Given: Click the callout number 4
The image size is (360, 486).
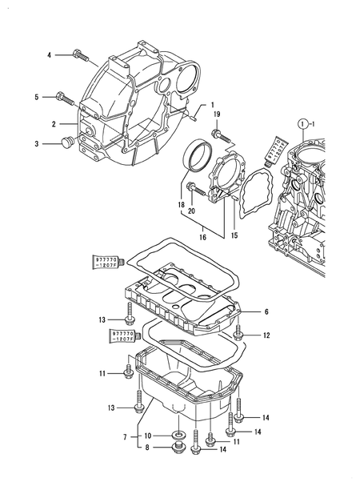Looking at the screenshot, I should [x=48, y=55].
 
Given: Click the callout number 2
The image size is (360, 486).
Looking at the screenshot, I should [x=54, y=124].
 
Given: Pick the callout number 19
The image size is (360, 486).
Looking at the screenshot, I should [x=216, y=115].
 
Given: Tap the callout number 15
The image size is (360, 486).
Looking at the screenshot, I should [x=234, y=235].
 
